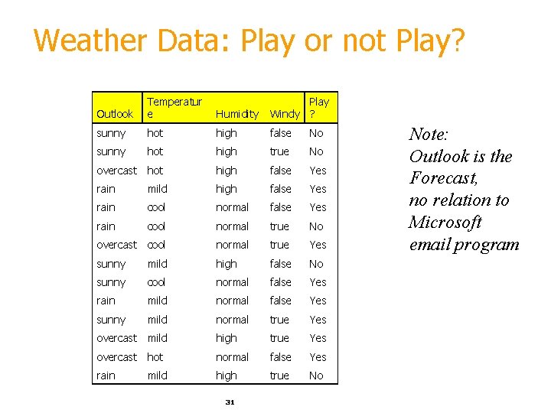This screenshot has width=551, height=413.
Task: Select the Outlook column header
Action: coord(115,114)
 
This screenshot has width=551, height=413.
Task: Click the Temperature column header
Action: coord(174,107)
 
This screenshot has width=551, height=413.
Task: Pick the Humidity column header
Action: coord(237,114)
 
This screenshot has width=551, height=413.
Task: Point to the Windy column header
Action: coord(285,114)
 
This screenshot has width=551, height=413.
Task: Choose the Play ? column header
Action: coord(318,107)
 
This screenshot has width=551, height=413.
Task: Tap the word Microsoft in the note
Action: coord(445,223)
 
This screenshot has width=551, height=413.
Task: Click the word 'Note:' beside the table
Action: coord(429,134)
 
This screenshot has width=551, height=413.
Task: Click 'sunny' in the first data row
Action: coord(111,133)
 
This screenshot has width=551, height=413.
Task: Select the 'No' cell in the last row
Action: coord(316,376)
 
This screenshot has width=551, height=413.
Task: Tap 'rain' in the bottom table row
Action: coord(106,376)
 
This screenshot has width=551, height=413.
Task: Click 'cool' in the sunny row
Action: coord(156,282)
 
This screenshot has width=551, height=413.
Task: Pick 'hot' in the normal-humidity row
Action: coord(155,357)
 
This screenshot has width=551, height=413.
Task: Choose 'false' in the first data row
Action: coord(280,133)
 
